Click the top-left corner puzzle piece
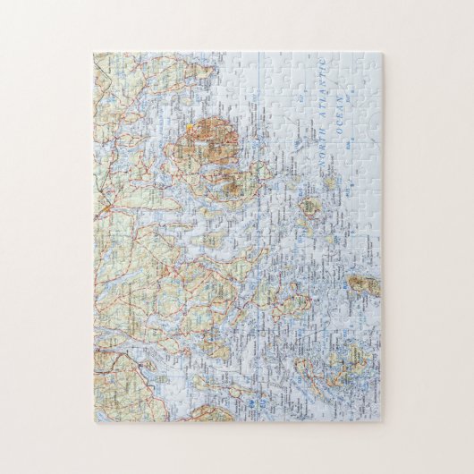click(x=103, y=63)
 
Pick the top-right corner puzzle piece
click(x=372, y=63)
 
